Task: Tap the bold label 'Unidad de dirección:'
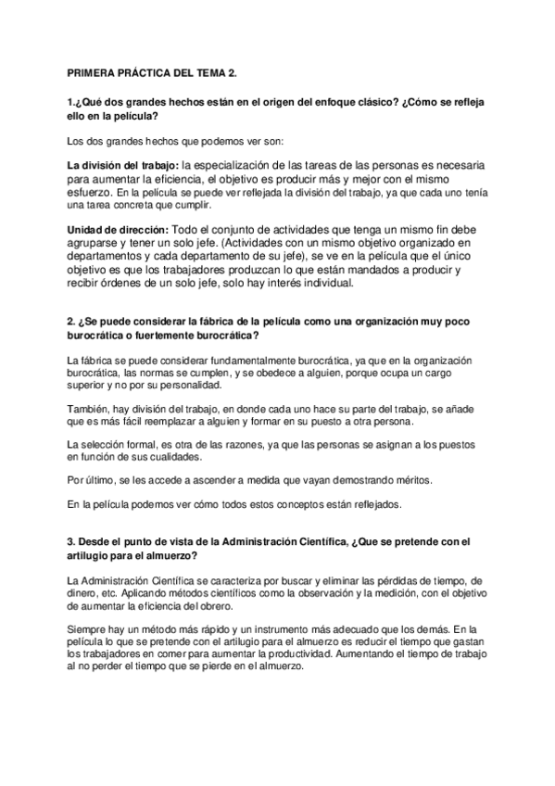point(118,229)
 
